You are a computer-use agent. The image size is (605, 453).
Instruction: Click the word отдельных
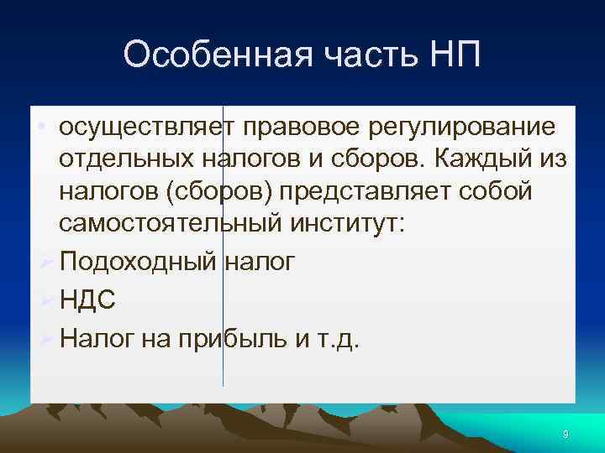(x=126, y=159)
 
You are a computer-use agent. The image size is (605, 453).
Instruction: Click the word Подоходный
(x=138, y=262)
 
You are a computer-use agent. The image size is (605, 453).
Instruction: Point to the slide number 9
(x=566, y=434)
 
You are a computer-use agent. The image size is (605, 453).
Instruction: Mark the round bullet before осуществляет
(x=41, y=128)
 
